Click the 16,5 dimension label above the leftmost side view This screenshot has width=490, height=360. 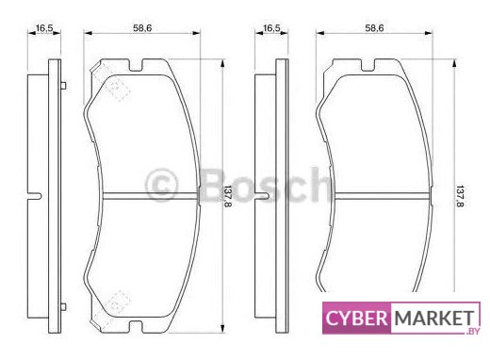coord(44,28)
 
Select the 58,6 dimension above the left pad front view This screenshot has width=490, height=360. coord(142,28)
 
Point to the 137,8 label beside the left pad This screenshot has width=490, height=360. coord(227,196)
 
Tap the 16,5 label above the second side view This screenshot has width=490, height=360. coord(271,28)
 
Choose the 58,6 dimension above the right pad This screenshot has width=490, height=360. coord(374,28)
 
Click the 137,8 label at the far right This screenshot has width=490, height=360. coord(460,196)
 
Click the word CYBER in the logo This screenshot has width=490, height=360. coord(356,319)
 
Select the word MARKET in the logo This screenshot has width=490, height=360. coord(434,319)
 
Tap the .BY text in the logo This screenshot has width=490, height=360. coord(473,331)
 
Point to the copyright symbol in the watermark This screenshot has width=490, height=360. coord(161,186)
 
